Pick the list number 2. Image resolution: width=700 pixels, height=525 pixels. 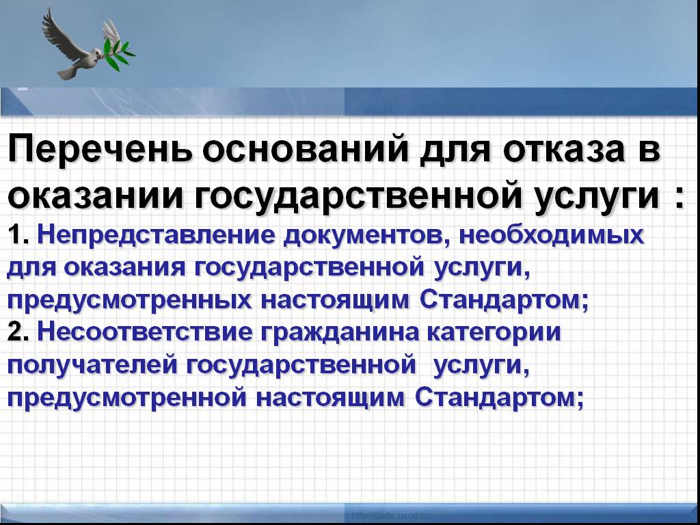click(18, 333)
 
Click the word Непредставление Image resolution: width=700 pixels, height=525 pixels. click(156, 236)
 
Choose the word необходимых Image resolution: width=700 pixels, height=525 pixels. click(552, 235)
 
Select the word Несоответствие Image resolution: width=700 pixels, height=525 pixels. click(145, 333)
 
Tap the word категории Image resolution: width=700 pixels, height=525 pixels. click(494, 334)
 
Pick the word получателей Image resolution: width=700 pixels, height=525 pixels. click(92, 366)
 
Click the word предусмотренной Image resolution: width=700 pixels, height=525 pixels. click(126, 399)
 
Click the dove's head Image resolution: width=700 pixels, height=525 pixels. click(95, 53)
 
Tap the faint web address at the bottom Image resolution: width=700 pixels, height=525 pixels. click(390, 515)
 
